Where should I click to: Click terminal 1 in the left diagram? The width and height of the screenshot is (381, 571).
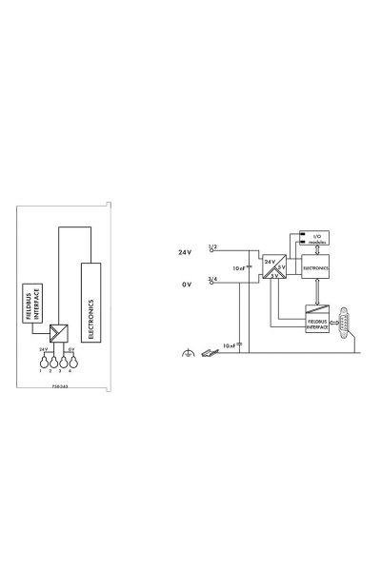point(42,362)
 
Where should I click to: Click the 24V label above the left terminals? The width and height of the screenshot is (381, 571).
point(44,350)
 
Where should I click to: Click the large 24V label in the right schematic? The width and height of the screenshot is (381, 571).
point(185,253)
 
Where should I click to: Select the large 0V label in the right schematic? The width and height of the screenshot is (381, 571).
point(187,284)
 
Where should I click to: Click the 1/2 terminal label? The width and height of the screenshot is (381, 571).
point(213,246)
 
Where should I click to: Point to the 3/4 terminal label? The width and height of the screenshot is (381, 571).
point(213,278)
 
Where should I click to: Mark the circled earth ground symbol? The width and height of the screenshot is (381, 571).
point(187,353)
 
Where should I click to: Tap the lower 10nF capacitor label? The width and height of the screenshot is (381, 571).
point(229,345)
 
